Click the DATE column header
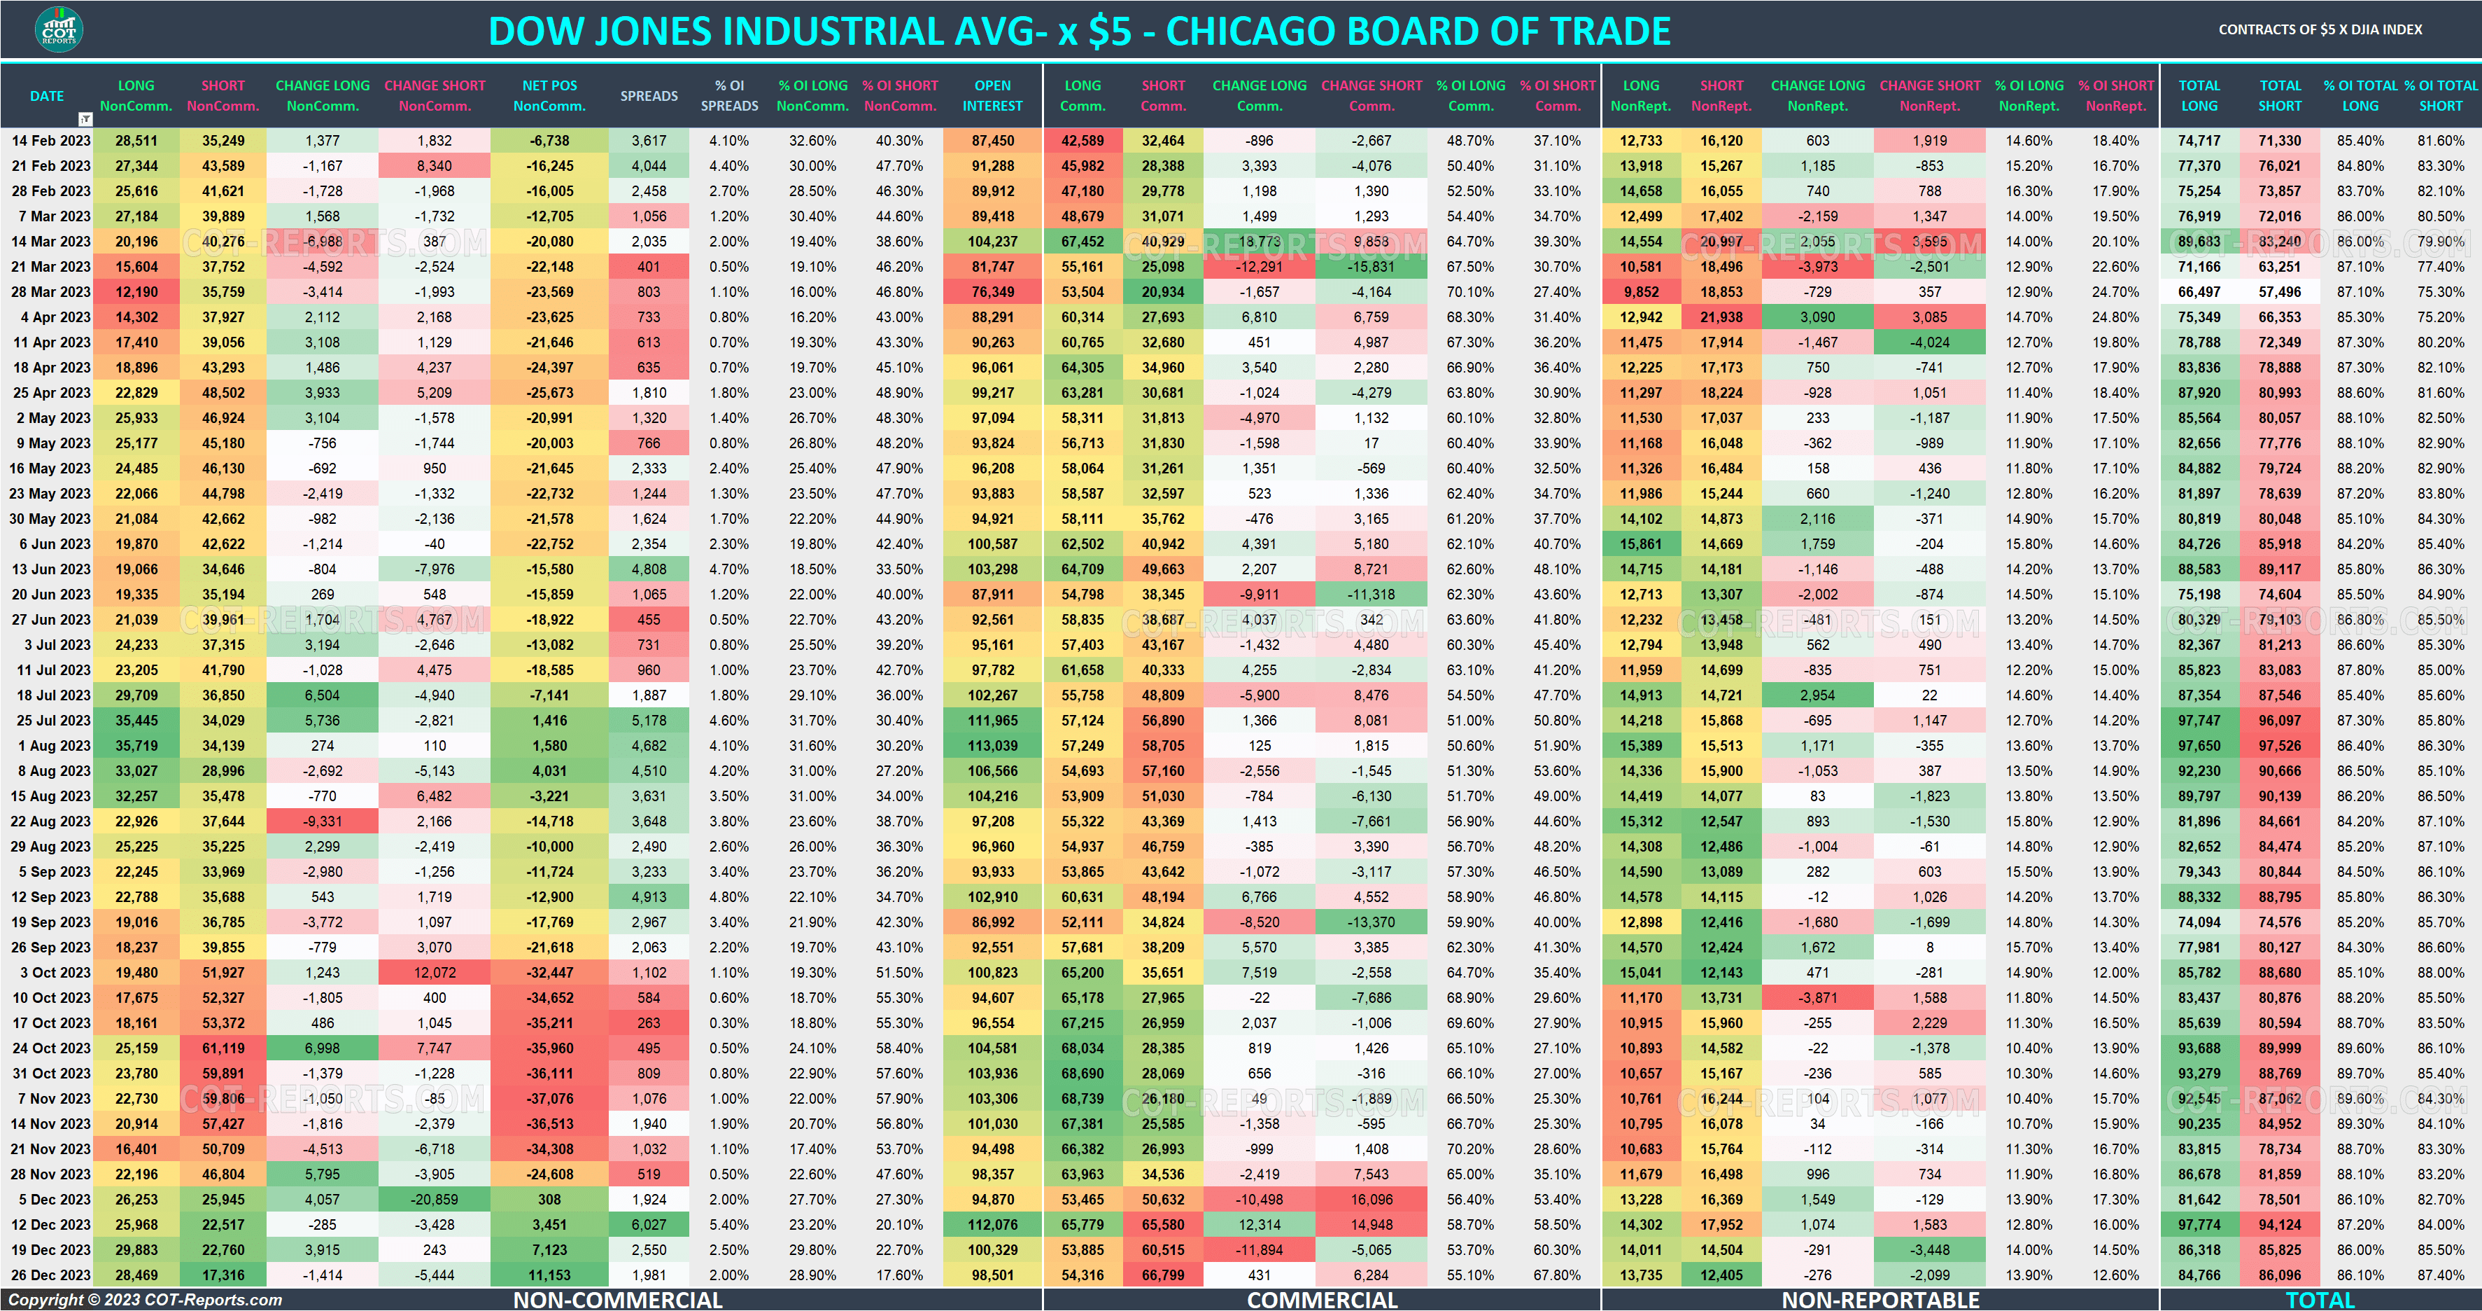point(46,95)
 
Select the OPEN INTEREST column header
point(992,95)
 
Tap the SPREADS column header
point(649,95)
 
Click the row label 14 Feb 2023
point(51,141)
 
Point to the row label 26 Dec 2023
point(51,1275)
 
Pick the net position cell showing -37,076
point(549,1099)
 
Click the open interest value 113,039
point(992,746)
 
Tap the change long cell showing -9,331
point(323,821)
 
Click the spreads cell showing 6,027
point(649,1225)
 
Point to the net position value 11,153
point(549,1275)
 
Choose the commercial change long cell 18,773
point(1260,242)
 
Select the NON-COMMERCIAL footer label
point(618,1299)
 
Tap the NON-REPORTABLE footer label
point(1880,1299)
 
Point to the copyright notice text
point(146,1299)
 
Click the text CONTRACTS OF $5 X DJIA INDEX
point(2319,30)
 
